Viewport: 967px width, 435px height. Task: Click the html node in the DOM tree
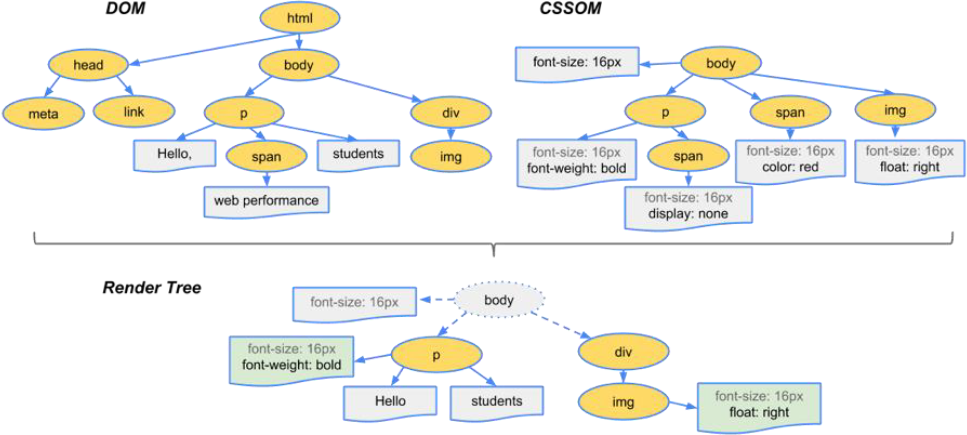pyautogui.click(x=299, y=19)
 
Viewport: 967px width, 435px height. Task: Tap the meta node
pyautogui.click(x=43, y=114)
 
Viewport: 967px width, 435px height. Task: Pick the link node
pyautogui.click(x=134, y=113)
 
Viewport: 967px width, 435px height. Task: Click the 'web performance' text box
pyautogui.click(x=266, y=201)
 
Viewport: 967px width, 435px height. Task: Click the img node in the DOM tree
pyautogui.click(x=450, y=155)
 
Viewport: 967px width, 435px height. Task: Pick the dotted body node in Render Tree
pyautogui.click(x=499, y=300)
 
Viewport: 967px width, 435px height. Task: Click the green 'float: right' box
pyautogui.click(x=759, y=406)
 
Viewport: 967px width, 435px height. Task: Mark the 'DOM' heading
pyautogui.click(x=126, y=10)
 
